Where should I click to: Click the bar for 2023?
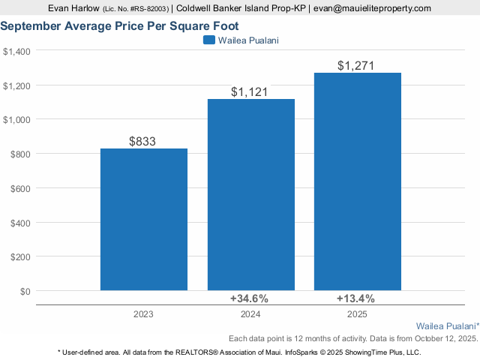[x=143, y=219]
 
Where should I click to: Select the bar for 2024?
[x=250, y=194]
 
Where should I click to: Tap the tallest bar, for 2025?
[x=357, y=181]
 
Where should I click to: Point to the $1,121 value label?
[x=250, y=91]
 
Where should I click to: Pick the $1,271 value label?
[x=357, y=65]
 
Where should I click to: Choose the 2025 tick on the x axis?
[x=357, y=315]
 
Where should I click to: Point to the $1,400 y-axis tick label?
[x=16, y=51]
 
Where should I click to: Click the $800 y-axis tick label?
[x=19, y=154]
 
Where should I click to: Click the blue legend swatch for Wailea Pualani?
[x=209, y=40]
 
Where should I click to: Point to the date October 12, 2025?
[x=442, y=339]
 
